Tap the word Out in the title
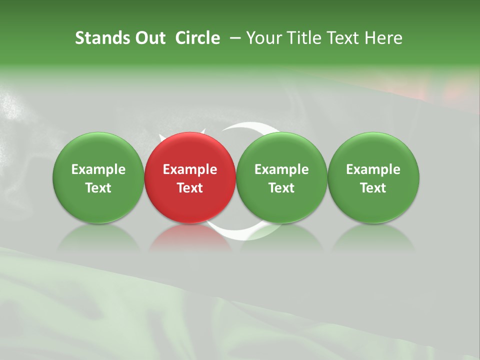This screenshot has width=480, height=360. (148, 38)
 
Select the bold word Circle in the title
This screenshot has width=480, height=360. (197, 38)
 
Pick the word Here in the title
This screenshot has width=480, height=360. (382, 38)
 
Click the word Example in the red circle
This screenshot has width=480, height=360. (190, 169)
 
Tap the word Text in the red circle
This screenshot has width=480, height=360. (190, 188)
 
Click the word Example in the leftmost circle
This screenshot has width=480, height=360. (98, 169)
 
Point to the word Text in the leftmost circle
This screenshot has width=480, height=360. (98, 188)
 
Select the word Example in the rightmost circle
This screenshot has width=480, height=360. (373, 169)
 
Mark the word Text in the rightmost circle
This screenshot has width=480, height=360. (373, 188)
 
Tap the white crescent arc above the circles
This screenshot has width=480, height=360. (250, 125)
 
